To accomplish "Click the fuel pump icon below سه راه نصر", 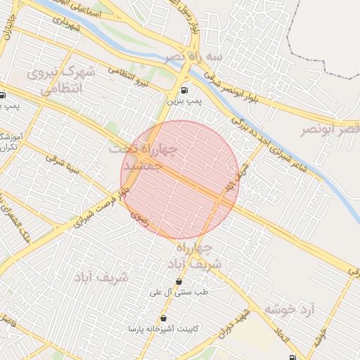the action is tap(184, 90).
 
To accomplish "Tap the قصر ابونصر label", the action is tap(330, 130).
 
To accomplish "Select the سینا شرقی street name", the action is tap(63, 165).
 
